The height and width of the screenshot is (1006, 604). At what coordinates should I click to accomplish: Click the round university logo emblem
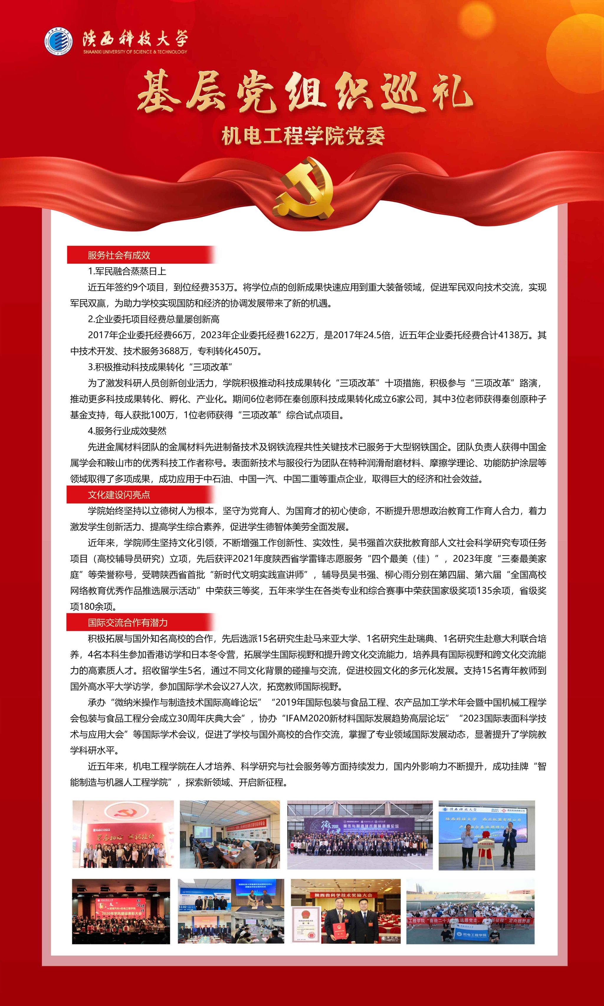[59, 41]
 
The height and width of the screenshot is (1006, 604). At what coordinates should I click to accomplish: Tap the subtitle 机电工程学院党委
[303, 136]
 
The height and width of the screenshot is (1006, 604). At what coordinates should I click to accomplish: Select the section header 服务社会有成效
[119, 255]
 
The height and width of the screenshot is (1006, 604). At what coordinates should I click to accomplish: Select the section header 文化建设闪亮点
[119, 495]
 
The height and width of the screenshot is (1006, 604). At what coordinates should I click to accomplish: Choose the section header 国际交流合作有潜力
[128, 622]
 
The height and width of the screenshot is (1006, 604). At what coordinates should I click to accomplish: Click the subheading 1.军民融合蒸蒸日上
[127, 271]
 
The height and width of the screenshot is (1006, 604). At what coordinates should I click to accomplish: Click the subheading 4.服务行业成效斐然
[127, 431]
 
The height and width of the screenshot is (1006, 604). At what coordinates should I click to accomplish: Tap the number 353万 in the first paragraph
[223, 287]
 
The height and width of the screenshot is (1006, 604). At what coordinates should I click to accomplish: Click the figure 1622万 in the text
[300, 335]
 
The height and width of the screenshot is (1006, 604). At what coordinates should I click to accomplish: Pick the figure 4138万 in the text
[513, 335]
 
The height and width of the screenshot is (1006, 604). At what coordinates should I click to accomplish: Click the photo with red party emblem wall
[123, 834]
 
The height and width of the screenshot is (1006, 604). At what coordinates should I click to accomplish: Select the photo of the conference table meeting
[230, 834]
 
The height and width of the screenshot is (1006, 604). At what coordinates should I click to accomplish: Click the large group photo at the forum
[360, 835]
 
